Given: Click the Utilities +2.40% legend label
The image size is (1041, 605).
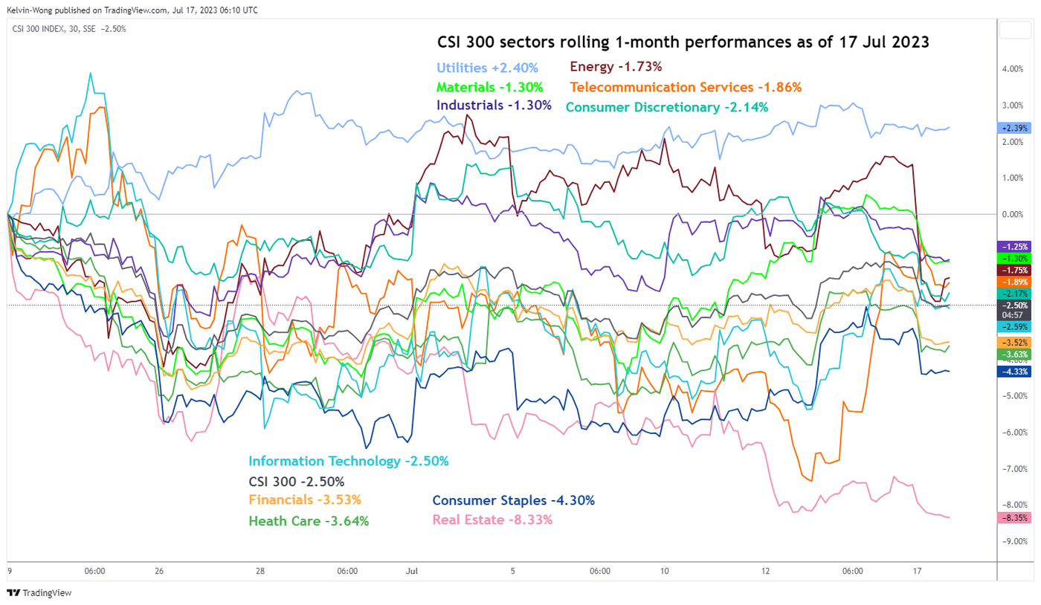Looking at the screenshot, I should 486,67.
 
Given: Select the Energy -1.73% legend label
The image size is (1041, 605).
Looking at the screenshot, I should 616,67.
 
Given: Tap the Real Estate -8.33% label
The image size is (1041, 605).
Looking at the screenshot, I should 492,520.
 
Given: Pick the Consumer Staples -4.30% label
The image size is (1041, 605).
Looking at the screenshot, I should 513,501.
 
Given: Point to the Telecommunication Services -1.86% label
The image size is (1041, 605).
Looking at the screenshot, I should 686,87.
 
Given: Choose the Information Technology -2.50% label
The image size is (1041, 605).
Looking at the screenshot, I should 349,462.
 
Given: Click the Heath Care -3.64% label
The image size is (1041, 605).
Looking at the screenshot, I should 309,521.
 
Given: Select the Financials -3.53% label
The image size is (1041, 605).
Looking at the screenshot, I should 305,500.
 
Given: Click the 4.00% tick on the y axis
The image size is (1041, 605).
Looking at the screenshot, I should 1013,69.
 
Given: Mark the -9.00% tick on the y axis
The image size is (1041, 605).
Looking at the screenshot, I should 1012,542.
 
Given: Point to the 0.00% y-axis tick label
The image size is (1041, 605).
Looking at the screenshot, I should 1013,214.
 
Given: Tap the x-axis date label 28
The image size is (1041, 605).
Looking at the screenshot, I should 260,572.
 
